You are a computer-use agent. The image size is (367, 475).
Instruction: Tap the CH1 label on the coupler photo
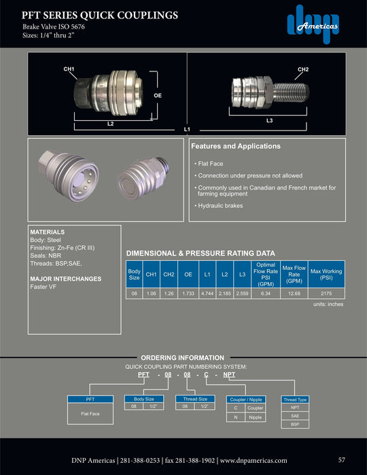(69, 69)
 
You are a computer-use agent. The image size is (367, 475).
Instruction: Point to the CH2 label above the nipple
(303, 69)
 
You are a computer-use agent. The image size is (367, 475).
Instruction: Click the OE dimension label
(158, 96)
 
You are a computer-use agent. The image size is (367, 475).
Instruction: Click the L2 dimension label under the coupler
(110, 124)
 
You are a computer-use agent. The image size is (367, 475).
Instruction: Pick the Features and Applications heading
(235, 146)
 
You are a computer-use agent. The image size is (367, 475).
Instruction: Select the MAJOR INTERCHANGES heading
(66, 279)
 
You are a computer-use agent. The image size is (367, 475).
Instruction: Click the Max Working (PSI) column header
(326, 275)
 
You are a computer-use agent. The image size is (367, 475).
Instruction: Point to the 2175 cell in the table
(326, 294)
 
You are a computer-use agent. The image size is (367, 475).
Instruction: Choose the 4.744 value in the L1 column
(207, 294)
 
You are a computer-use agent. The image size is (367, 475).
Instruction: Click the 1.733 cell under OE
(188, 294)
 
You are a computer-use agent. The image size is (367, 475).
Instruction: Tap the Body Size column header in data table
(135, 275)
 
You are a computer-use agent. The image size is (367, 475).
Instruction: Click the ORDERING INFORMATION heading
(181, 357)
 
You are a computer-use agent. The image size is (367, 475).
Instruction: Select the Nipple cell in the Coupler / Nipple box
(255, 417)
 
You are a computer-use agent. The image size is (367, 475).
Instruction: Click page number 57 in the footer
(342, 459)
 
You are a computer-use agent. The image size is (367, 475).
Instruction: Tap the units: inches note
(329, 304)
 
